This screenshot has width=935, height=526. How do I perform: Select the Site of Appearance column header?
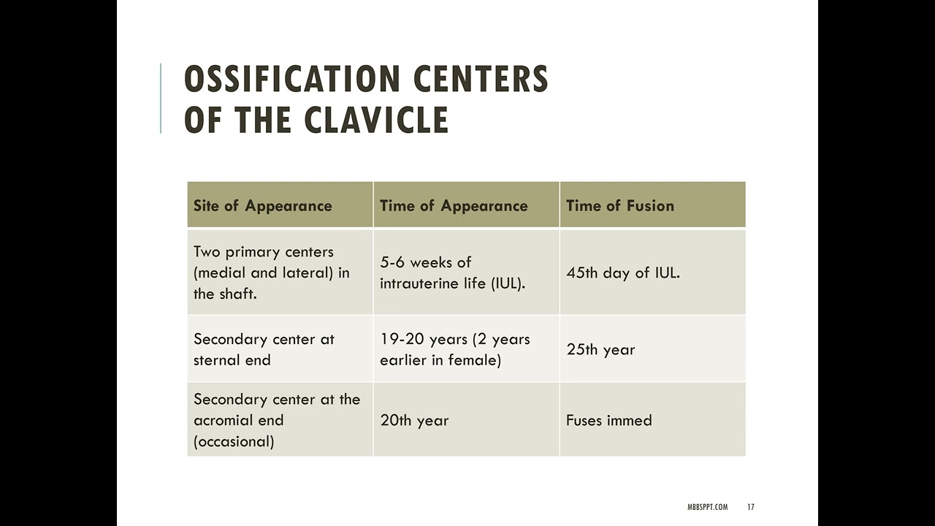click(x=262, y=205)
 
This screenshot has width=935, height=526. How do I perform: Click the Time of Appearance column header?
click(x=454, y=205)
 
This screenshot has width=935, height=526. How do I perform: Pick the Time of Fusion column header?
click(x=620, y=205)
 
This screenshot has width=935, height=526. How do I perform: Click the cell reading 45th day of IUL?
click(x=623, y=272)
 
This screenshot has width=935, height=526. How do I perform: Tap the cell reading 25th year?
click(x=600, y=349)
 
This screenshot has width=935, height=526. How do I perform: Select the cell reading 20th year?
click(x=414, y=420)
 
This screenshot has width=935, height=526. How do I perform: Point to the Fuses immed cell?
click(x=609, y=420)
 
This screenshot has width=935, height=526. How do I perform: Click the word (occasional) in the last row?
click(x=234, y=441)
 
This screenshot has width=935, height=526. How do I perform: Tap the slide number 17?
click(x=751, y=507)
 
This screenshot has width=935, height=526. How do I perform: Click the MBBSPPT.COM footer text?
click(x=708, y=507)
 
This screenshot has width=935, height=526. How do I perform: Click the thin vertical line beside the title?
click(x=161, y=99)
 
